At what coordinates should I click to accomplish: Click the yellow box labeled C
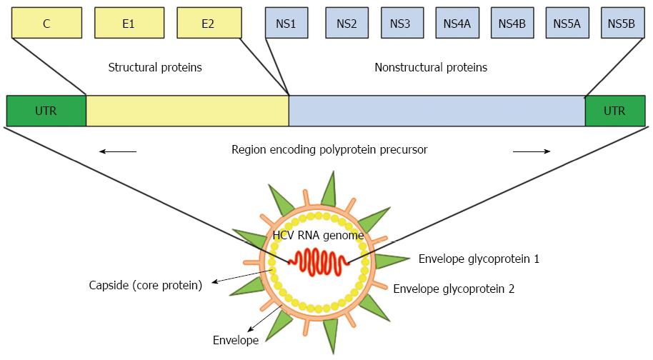(46, 23)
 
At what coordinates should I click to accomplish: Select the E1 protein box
(129, 23)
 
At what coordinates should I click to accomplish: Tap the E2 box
(209, 23)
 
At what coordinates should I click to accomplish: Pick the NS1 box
(286, 23)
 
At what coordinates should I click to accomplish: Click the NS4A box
(457, 23)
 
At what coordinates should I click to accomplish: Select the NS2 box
(347, 23)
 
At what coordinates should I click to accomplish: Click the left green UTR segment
(46, 111)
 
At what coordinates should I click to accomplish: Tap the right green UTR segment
(615, 111)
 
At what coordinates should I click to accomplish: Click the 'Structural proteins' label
(155, 67)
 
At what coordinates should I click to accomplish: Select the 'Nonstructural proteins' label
(431, 67)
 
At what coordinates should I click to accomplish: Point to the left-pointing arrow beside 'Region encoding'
(118, 151)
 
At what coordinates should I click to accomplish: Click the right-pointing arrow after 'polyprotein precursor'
(532, 151)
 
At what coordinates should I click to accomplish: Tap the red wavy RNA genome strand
(319, 261)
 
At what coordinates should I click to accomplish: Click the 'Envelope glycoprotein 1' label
(479, 259)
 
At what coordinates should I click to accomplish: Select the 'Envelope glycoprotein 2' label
(454, 289)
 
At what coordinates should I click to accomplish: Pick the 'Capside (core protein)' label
(145, 286)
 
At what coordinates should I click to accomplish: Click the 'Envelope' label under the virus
(236, 341)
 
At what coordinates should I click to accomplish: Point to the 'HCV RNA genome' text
(318, 236)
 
